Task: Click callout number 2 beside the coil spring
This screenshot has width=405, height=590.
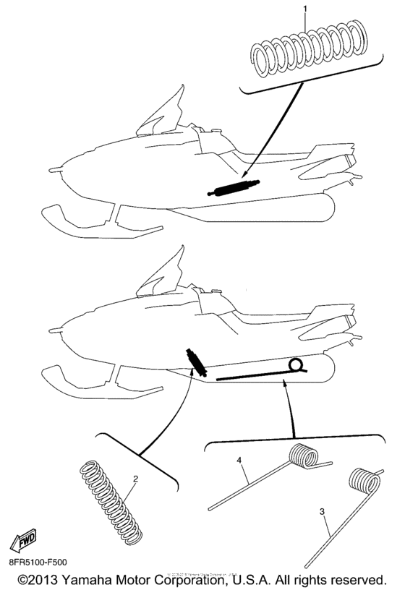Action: [135, 479]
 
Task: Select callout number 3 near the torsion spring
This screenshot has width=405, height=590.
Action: [322, 513]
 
